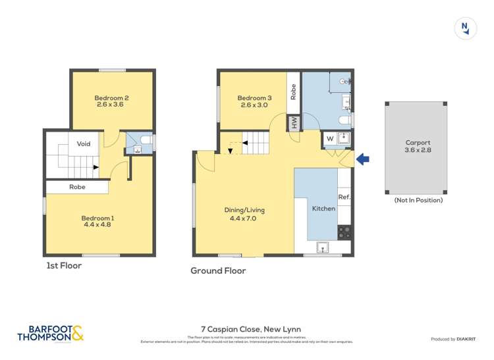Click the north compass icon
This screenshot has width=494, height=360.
[x=466, y=28]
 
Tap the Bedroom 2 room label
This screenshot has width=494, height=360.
[x=111, y=98]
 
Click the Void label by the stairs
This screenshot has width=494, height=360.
[x=84, y=144]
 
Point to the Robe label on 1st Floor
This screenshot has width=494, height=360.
[x=77, y=188]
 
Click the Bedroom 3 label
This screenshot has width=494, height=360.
[x=254, y=98]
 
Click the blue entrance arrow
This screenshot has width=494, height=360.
[x=363, y=159]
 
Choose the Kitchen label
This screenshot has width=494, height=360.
[x=323, y=209]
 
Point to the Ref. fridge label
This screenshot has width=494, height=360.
[x=344, y=197]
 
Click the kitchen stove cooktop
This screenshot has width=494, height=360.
[x=344, y=232]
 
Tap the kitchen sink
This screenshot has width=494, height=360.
[x=323, y=247]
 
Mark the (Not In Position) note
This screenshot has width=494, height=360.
[x=418, y=200]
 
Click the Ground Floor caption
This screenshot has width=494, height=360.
[x=218, y=270]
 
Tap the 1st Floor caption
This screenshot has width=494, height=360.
[x=64, y=266]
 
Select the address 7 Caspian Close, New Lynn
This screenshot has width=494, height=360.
[x=247, y=329]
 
